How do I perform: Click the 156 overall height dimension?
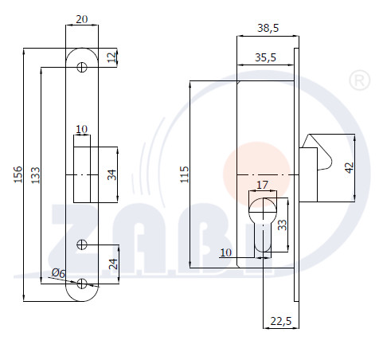coord(18,174)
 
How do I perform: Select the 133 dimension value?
coord(36,175)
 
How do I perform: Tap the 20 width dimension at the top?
coord(82,19)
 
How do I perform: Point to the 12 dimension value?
coord(112,57)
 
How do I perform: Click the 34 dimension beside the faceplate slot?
coord(112,174)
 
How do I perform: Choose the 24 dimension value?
coord(114,264)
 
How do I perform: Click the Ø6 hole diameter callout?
coord(58,273)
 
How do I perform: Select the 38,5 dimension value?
coord(268,28)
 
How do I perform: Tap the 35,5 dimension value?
coord(265,57)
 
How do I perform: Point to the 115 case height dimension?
coord(185,174)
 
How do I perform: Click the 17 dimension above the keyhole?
coord(263,185)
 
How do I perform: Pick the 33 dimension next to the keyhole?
coord(283,225)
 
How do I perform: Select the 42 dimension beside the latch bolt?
coord(350,167)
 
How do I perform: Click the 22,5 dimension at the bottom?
coord(281,321)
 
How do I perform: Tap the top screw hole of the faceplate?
coord(82,67)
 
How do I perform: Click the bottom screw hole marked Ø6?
coord(82,284)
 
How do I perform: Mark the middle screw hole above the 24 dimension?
coord(82,245)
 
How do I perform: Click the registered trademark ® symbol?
coord(360,80)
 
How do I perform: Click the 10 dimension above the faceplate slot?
coord(81,129)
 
